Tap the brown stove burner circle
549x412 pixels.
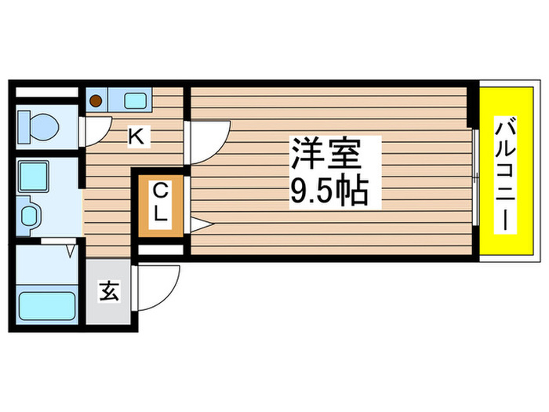(96, 100)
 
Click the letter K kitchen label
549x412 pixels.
(136, 137)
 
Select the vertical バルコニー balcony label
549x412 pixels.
(508, 173)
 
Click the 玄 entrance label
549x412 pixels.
(108, 293)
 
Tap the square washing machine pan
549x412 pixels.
(33, 177)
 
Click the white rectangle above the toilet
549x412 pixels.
(45, 92)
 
